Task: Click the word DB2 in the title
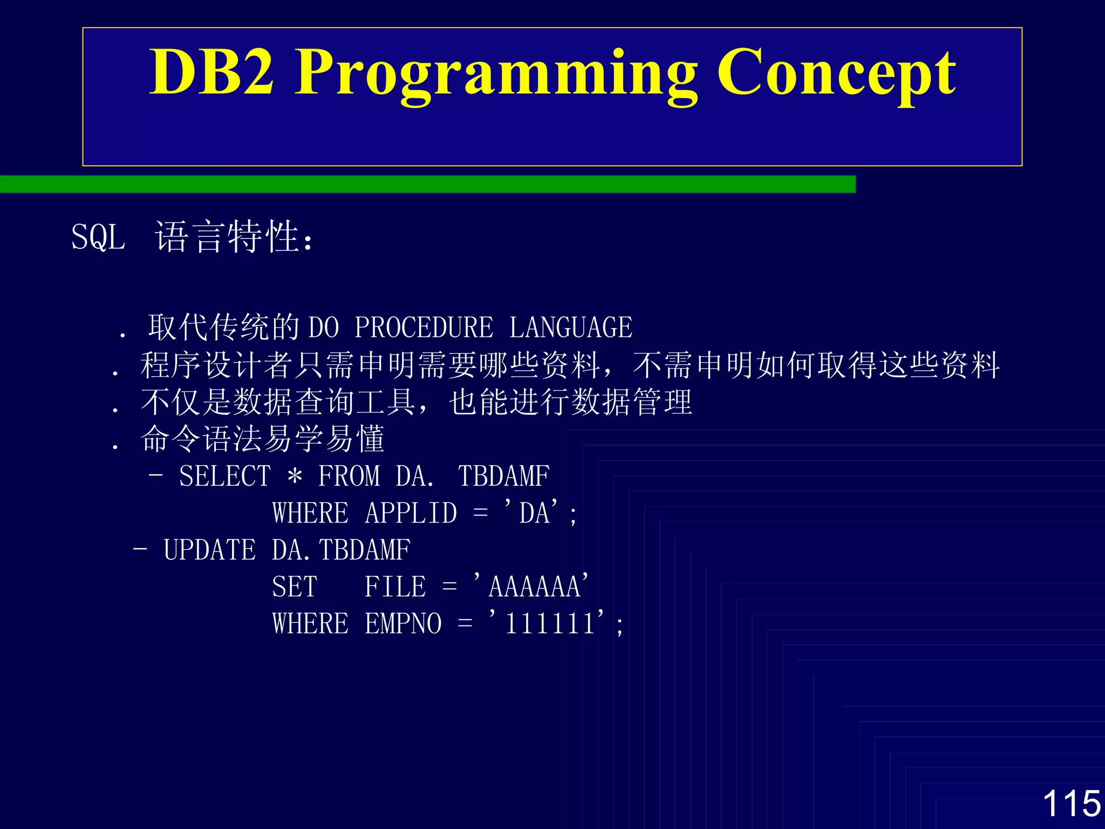tap(212, 72)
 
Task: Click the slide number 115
tap(1071, 803)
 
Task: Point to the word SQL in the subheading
tap(98, 237)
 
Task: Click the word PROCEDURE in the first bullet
tap(424, 328)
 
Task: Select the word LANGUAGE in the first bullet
tap(571, 328)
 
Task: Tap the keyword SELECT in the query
tap(225, 476)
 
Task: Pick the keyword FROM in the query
tap(349, 476)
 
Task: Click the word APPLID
tap(411, 513)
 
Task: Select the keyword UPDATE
tap(210, 550)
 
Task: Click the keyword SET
tap(295, 587)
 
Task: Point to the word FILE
tap(395, 587)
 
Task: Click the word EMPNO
tap(404, 624)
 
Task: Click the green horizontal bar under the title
tap(427, 184)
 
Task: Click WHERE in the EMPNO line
tap(310, 624)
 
